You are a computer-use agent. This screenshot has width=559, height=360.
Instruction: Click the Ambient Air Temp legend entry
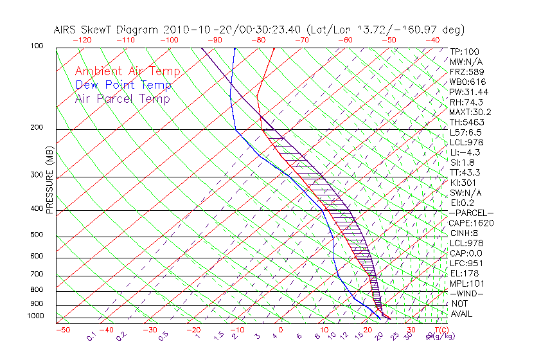(128, 71)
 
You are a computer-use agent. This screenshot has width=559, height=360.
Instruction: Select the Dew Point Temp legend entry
(123, 85)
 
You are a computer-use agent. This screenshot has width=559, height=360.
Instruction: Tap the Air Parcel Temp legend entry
(123, 98)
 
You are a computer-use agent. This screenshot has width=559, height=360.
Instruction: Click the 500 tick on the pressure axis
(37, 235)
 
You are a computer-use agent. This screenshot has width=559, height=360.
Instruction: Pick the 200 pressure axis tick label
(37, 127)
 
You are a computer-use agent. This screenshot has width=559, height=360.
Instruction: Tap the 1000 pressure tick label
(35, 316)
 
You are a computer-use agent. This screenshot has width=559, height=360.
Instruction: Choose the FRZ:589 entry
(464, 62)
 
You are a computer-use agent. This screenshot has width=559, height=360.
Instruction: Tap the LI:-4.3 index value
(465, 152)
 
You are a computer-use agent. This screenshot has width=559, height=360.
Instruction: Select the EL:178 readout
(463, 273)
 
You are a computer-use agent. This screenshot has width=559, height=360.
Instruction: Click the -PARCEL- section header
(471, 213)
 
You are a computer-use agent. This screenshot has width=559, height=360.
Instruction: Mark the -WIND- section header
(466, 293)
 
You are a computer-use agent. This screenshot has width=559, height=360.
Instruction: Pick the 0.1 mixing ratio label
(91, 336)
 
